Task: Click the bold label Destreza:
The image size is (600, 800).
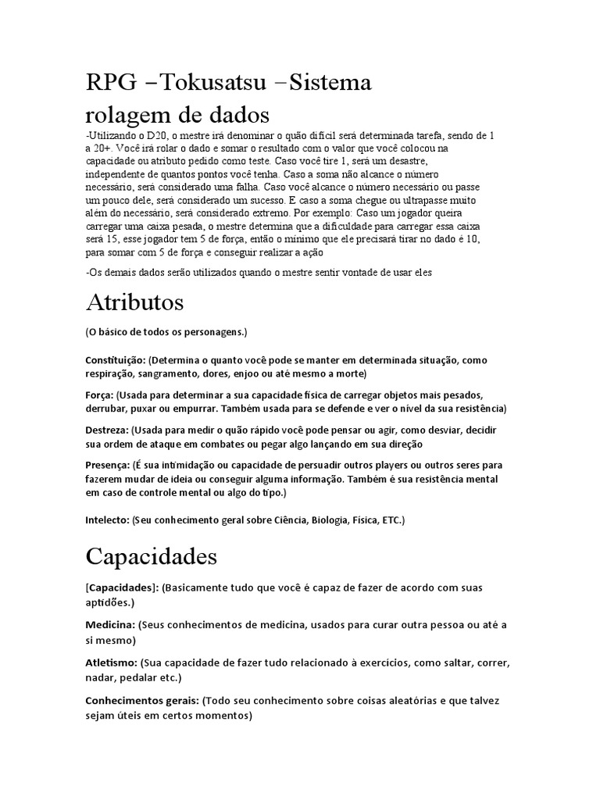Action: pos(107,430)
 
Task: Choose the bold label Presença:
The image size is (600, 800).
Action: pos(108,465)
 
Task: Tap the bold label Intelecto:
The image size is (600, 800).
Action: pos(108,520)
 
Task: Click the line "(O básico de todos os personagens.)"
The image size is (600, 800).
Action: pos(166,332)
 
